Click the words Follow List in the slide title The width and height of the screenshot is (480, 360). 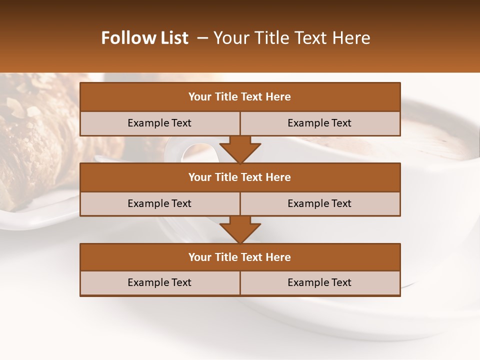pyautogui.click(x=144, y=38)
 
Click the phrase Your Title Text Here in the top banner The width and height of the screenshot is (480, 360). pyautogui.click(x=291, y=38)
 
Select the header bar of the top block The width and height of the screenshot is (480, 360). pyautogui.click(x=240, y=97)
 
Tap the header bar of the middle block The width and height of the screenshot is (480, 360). pyautogui.click(x=240, y=177)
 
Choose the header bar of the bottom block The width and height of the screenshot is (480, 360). pyautogui.click(x=240, y=257)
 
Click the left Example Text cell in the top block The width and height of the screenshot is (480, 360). pyautogui.click(x=159, y=123)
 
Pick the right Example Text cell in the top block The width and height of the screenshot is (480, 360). pyautogui.click(x=319, y=123)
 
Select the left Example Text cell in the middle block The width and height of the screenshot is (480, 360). pyautogui.click(x=159, y=203)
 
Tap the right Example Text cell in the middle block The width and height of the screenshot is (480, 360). pyautogui.click(x=319, y=203)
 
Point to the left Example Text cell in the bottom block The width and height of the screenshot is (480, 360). pyautogui.click(x=159, y=282)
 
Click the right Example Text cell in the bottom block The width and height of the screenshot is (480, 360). pyautogui.click(x=319, y=282)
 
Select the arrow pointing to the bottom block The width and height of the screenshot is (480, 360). pyautogui.click(x=240, y=229)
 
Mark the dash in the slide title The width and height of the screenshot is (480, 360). pyautogui.click(x=202, y=38)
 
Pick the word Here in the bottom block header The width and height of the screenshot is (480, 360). pyautogui.click(x=278, y=257)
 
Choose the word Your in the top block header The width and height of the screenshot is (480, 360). pyautogui.click(x=200, y=97)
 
